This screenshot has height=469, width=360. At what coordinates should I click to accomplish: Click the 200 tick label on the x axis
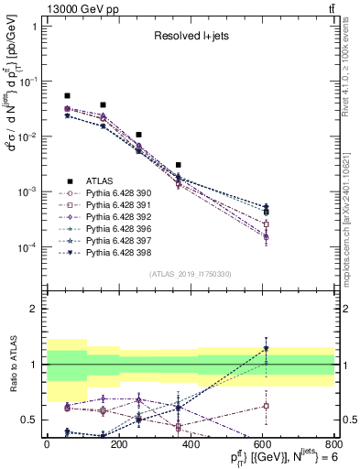click(118, 445)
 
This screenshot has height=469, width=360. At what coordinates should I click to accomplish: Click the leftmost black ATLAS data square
click(67, 95)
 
